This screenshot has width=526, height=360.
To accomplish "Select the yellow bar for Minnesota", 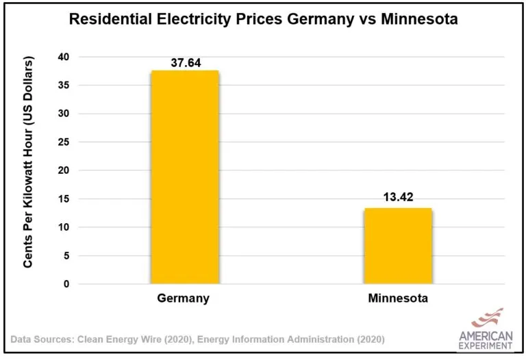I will pyautogui.click(x=398, y=246).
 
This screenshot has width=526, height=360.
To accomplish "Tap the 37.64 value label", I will pyautogui.click(x=184, y=62).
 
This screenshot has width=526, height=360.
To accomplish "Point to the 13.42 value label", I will pyautogui.click(x=398, y=199).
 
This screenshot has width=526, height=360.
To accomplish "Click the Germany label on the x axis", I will pyautogui.click(x=183, y=298).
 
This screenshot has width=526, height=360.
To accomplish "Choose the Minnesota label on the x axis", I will pyautogui.click(x=398, y=298).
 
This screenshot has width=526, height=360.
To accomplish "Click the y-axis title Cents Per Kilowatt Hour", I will pyautogui.click(x=29, y=163).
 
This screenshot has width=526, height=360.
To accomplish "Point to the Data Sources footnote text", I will pyautogui.click(x=199, y=339).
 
